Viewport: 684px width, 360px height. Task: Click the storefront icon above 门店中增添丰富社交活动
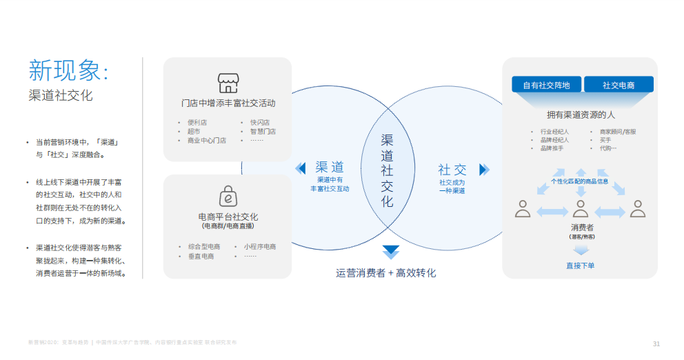228,83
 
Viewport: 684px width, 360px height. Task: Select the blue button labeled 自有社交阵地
546,85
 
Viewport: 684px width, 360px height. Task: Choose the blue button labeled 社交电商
618,85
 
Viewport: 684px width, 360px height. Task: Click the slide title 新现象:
68,70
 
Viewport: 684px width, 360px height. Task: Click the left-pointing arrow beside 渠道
300,169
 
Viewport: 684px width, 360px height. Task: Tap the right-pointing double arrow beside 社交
484,169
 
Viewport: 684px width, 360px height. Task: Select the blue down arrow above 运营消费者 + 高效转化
391,252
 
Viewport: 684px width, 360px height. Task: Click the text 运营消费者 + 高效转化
386,272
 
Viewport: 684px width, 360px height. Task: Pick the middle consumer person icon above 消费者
581,208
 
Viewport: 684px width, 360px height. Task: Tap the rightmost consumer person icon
638,208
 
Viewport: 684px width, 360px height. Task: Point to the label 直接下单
581,266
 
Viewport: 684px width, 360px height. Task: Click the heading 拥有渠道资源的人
581,114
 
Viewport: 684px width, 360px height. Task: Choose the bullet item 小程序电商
259,247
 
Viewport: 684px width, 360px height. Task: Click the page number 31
656,343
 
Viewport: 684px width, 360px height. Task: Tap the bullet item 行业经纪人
554,131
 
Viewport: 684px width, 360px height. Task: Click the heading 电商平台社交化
228,217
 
